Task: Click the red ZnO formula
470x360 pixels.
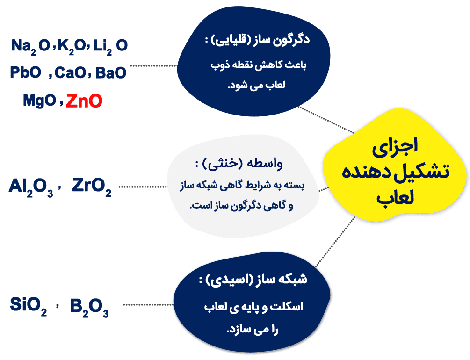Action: (x=84, y=101)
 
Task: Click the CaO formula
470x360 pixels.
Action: (x=70, y=73)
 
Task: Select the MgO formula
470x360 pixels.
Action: (x=39, y=101)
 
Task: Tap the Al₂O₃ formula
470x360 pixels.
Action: (x=31, y=187)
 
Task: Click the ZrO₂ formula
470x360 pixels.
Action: (x=92, y=187)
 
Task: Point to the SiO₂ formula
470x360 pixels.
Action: (x=29, y=306)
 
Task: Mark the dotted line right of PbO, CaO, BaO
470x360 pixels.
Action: (x=152, y=66)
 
